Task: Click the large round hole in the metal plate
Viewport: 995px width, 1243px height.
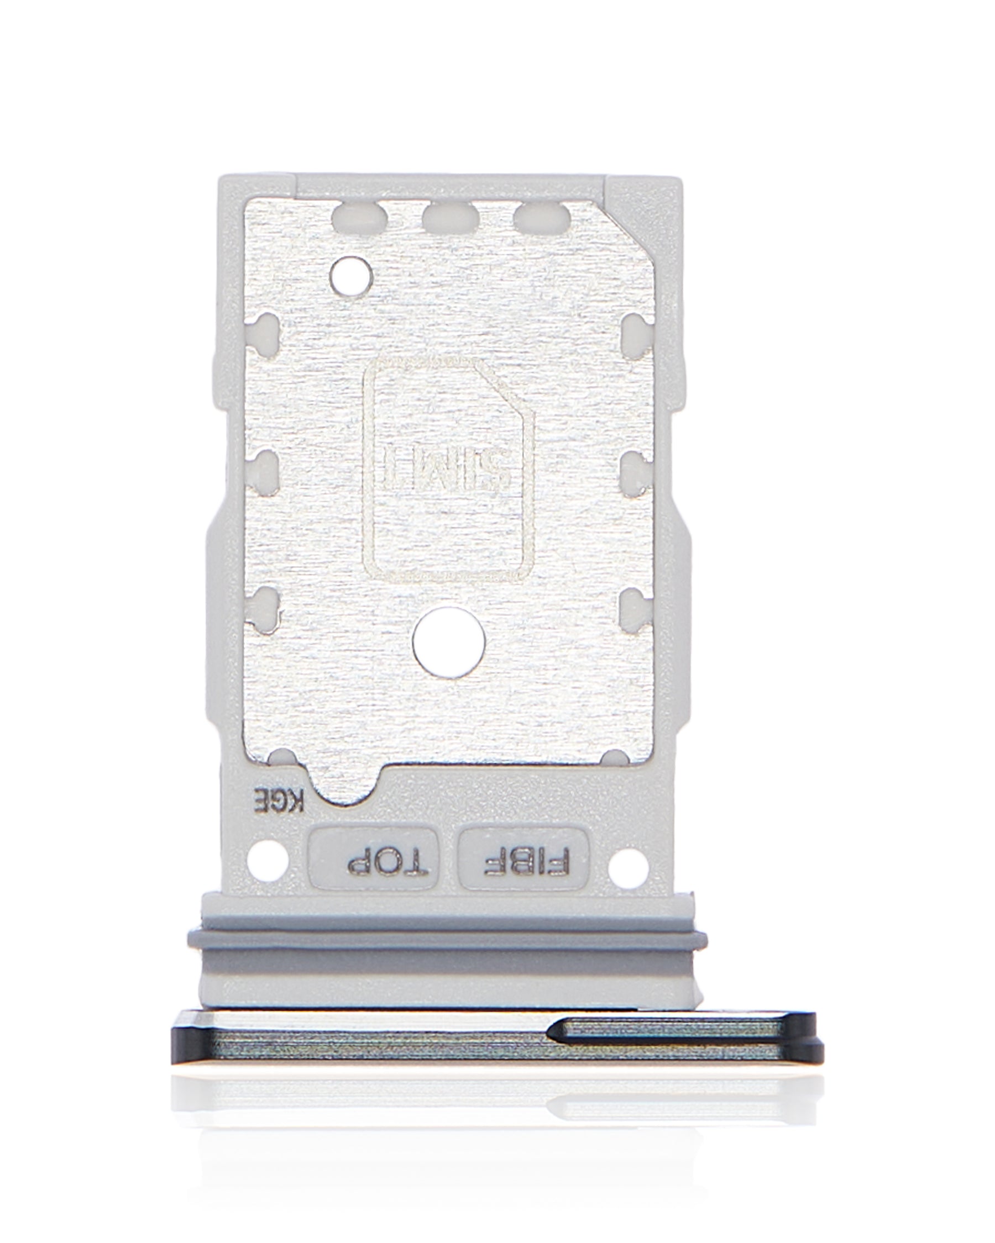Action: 449,642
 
